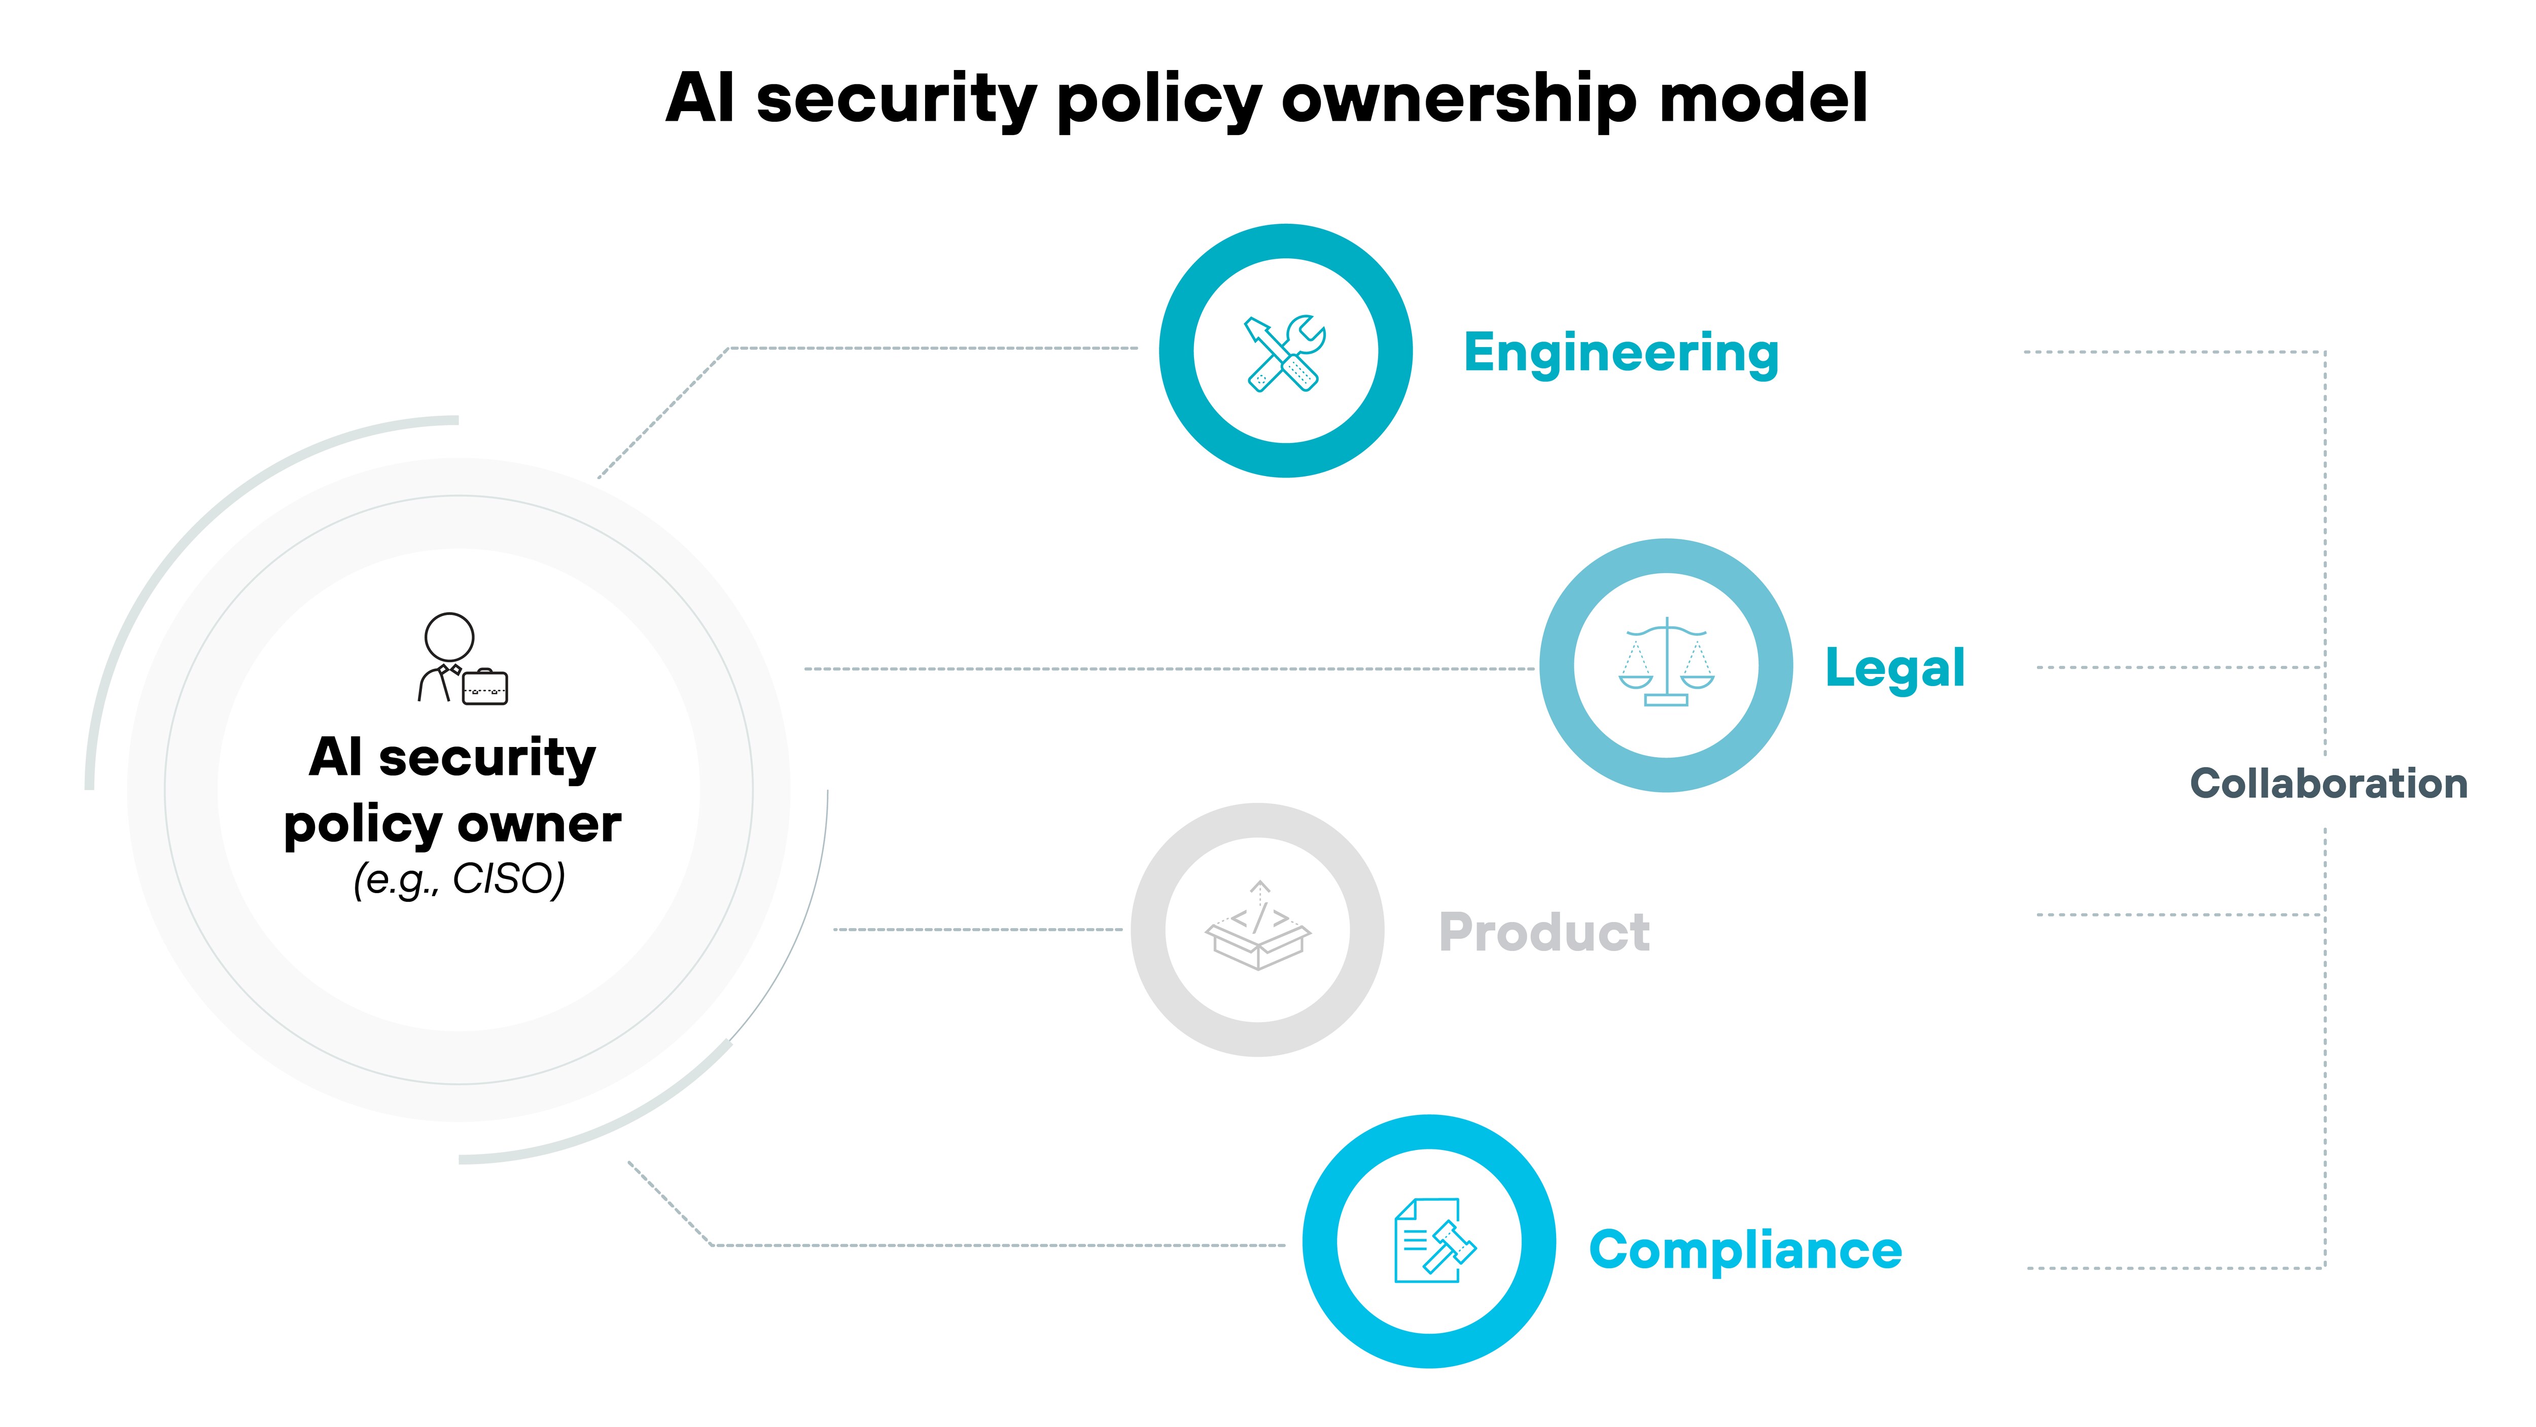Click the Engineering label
click(1621, 353)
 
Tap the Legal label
click(1894, 668)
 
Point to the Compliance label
click(1744, 1251)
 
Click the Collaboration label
click(2328, 784)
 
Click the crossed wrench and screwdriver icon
click(1285, 353)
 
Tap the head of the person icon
click(449, 637)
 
